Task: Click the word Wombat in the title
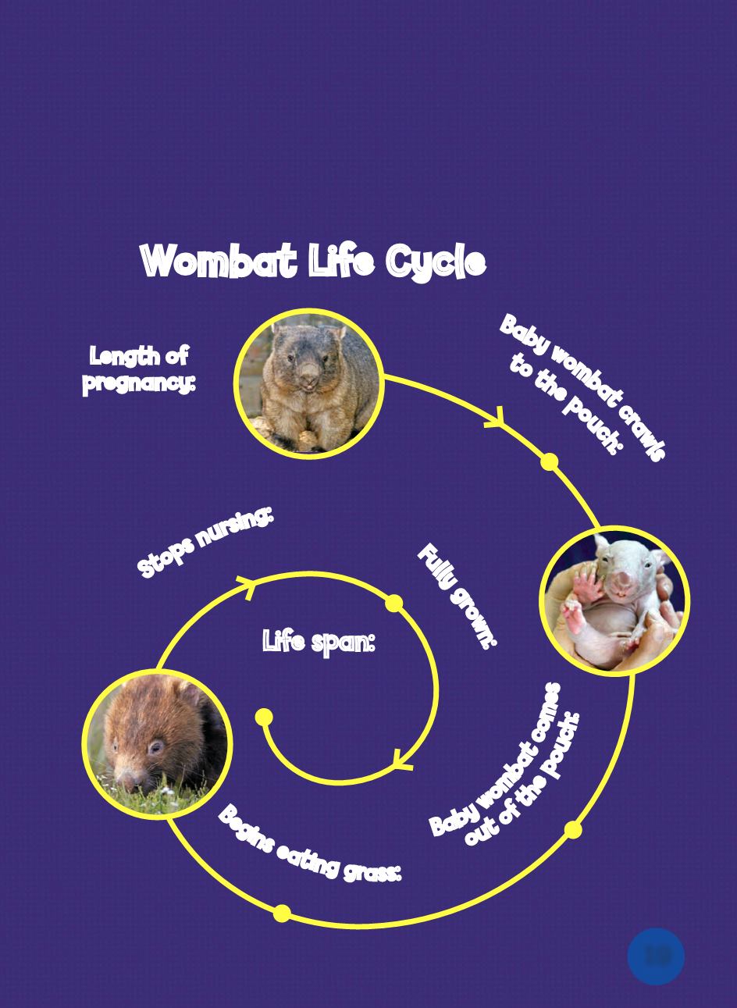pos(219,261)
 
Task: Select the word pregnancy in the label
pos(139,383)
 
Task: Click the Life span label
pos(319,642)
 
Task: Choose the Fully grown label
pos(457,596)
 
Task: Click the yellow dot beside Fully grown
pos(394,604)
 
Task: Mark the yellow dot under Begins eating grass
pos(282,913)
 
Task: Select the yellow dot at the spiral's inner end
pos(264,717)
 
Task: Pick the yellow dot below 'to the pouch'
pos(550,461)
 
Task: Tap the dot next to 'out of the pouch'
pos(573,829)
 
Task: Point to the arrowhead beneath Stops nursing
pos(247,585)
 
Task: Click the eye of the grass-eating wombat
pos(156,746)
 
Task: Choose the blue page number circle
pos(656,956)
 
